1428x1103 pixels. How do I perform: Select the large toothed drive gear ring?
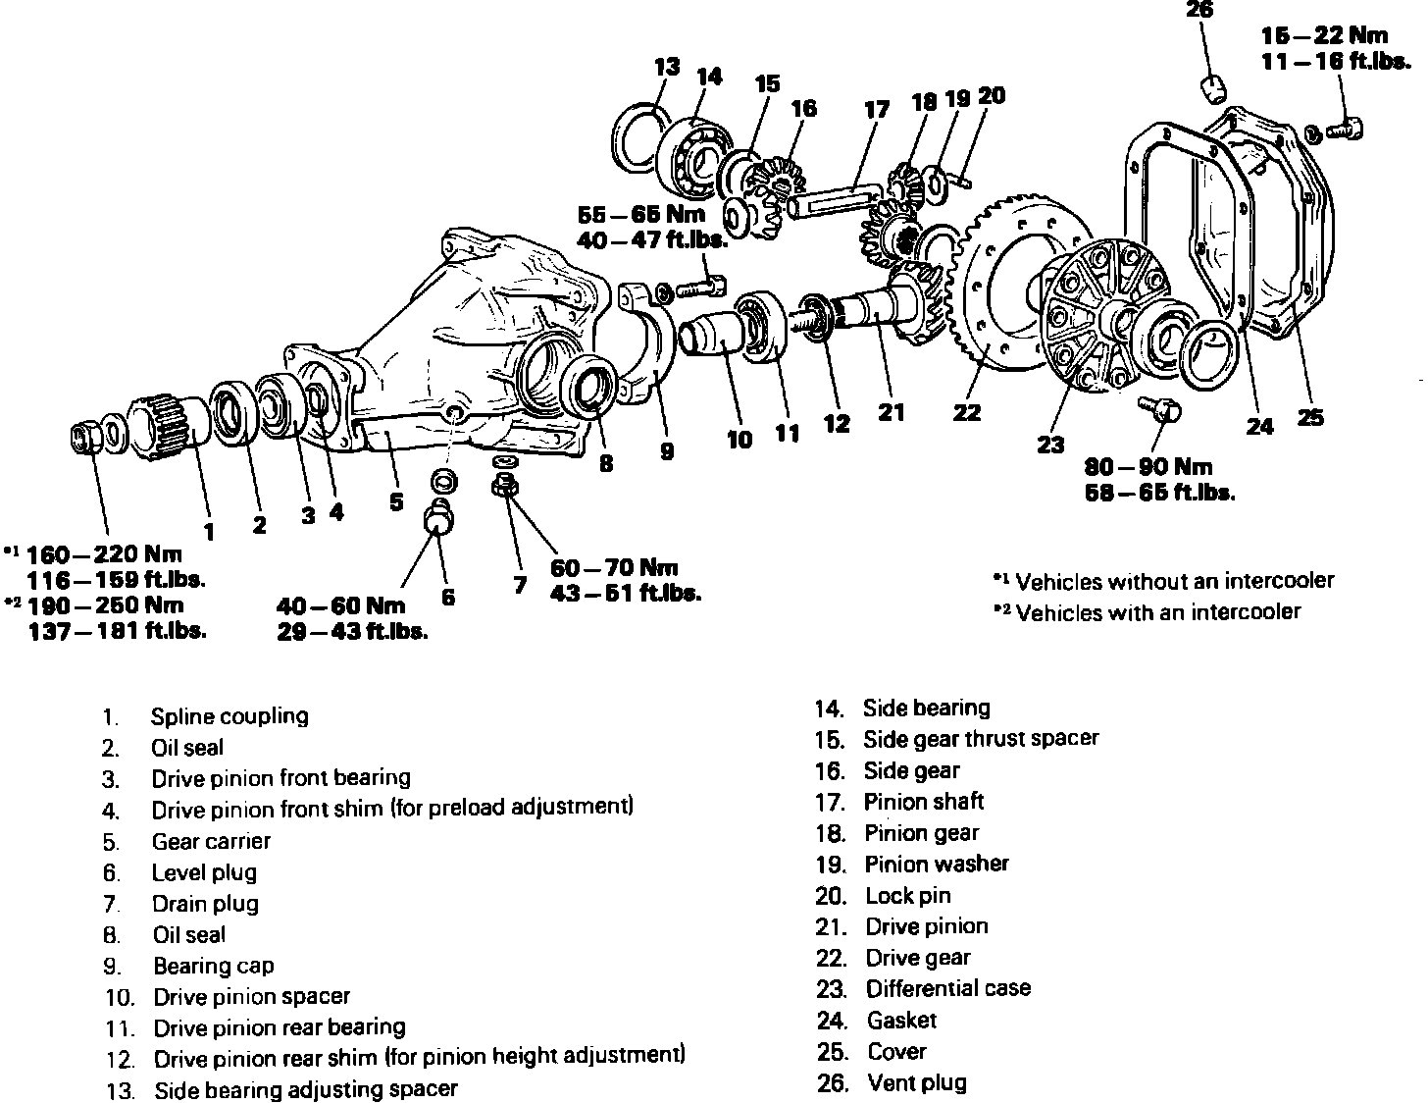tap(991, 294)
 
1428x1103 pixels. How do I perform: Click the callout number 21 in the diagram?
tap(891, 413)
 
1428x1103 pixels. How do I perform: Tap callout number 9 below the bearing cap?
tap(667, 451)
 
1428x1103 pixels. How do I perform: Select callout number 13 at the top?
tap(667, 68)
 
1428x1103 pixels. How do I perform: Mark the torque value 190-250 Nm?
tap(105, 605)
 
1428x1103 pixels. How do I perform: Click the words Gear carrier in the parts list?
tap(211, 841)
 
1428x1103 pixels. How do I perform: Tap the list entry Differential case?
tap(947, 988)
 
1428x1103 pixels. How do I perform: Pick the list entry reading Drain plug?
tap(205, 904)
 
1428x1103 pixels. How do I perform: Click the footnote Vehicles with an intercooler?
tap(1157, 612)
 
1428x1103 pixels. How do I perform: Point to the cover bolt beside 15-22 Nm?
tap(1345, 127)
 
